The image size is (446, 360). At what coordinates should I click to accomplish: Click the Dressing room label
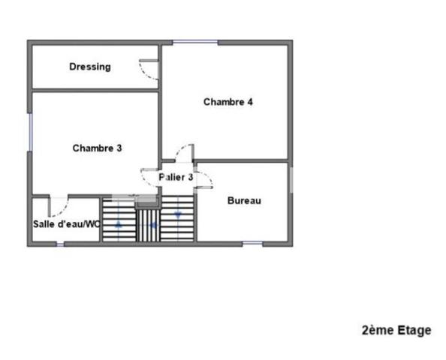(90, 67)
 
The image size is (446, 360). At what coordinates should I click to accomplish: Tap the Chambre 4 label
(228, 102)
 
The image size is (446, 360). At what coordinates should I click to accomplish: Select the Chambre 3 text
(98, 148)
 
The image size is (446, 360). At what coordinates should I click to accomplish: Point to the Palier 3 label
(176, 177)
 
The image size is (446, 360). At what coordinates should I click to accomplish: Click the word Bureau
(244, 200)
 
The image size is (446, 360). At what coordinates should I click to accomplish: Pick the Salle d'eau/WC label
(67, 224)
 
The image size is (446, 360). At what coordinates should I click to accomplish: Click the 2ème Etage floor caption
(396, 331)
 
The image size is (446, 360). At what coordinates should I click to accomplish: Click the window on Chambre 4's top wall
(195, 43)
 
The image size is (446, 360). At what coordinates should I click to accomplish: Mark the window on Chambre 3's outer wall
(30, 132)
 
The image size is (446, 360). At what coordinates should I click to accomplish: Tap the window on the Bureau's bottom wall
(252, 243)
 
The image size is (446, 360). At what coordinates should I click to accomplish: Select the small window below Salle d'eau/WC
(60, 244)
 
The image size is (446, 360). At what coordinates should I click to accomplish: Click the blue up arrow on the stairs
(119, 225)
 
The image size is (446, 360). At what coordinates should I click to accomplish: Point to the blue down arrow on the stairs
(178, 215)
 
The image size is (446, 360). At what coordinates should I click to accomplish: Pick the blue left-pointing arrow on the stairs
(154, 226)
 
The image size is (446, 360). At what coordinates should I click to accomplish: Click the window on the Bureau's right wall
(291, 180)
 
